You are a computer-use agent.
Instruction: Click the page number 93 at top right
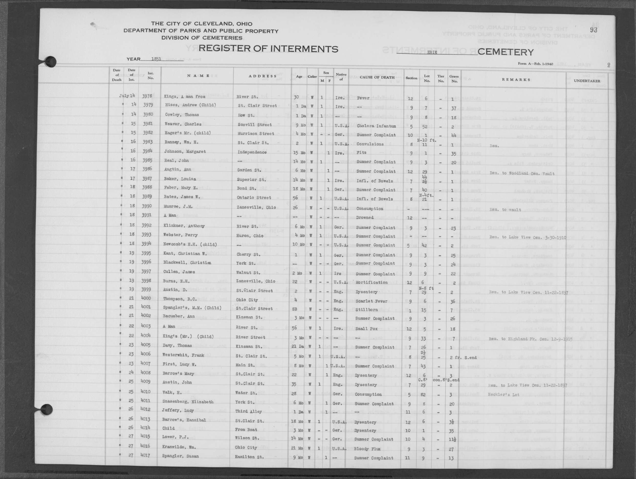(594, 30)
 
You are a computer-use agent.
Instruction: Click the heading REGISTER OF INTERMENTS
(268, 49)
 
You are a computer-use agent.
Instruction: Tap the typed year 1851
(156, 59)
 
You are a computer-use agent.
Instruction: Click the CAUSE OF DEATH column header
(377, 77)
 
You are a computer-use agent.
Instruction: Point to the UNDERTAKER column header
(587, 81)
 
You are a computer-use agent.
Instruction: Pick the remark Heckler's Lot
(503, 395)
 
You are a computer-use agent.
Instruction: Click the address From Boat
(246, 430)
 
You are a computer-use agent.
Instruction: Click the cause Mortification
(372, 282)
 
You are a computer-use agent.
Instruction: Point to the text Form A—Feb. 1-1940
(535, 64)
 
